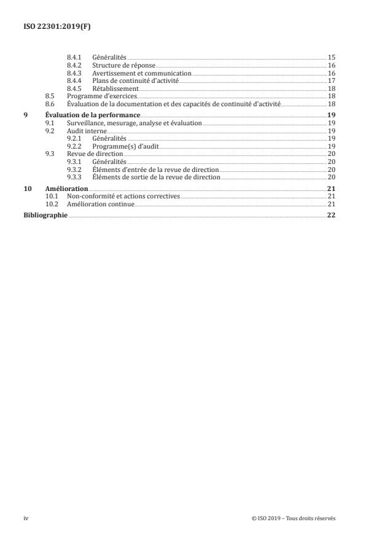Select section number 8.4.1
[74, 57]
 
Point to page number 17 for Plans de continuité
[331, 80]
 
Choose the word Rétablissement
[115, 88]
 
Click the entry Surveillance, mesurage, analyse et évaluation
[135, 123]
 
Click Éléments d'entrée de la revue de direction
[155, 170]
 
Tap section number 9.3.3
[74, 177]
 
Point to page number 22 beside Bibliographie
[331, 216]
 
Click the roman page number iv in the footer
[26, 518]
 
